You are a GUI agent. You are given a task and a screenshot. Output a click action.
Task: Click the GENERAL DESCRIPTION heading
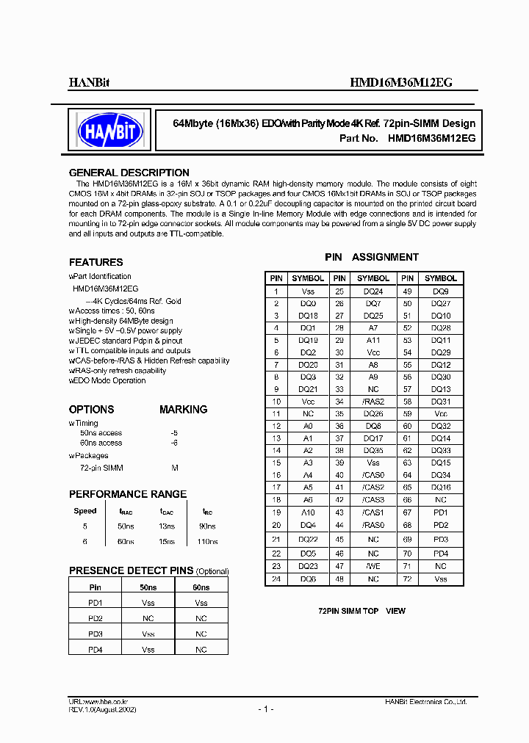pos(129,173)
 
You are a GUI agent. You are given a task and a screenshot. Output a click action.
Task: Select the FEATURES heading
pos(96,262)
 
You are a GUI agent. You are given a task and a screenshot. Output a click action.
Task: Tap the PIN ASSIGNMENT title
pos(372,257)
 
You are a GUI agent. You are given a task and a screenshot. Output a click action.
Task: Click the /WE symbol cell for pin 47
pos(373,566)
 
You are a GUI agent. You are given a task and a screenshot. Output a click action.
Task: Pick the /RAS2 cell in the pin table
pos(373,402)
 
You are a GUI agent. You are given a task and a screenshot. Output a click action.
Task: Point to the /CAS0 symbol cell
pos(373,475)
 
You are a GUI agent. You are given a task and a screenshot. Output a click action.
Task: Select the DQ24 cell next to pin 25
pos(373,291)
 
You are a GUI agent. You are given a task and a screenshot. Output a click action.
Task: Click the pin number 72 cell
pos(407,579)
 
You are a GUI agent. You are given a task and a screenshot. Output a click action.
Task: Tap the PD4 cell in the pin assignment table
pos(440,553)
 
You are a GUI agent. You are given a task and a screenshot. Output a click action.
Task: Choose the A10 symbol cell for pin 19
pos(308,512)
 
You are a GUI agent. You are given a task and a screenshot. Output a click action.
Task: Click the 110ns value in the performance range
pos(207,541)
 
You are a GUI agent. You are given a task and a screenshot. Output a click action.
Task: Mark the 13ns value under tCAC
pos(167,526)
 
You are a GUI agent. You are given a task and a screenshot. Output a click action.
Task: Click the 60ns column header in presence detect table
pos(201,588)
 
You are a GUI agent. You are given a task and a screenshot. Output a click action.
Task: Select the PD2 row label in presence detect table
pos(96,617)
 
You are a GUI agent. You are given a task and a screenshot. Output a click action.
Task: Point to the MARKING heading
pos(183,410)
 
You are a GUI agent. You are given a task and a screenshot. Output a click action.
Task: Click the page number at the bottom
pos(265,709)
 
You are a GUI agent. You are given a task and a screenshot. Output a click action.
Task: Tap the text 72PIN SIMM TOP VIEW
pos(361,611)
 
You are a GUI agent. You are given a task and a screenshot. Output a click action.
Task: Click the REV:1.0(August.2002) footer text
pos(102,710)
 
